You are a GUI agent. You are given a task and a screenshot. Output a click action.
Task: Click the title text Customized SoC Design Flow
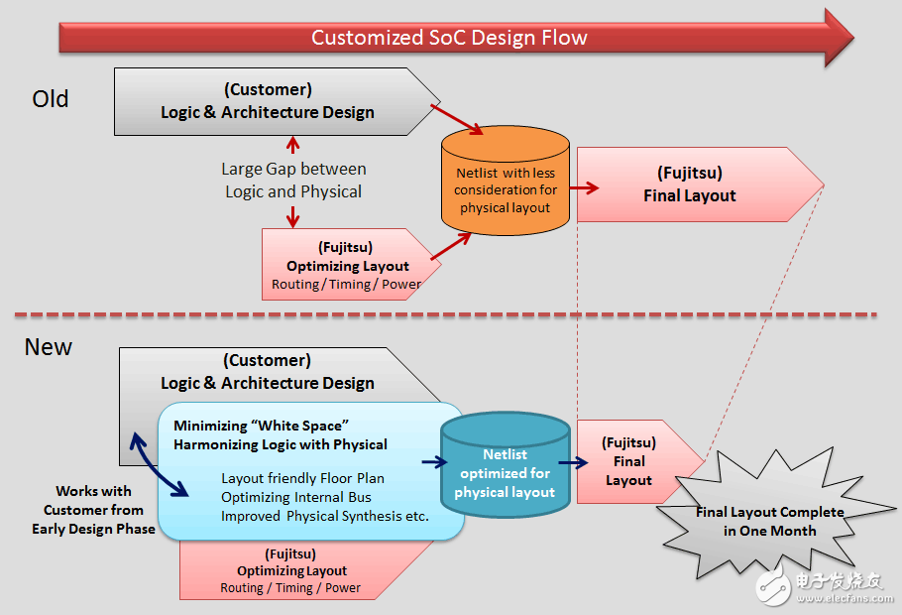pos(449,38)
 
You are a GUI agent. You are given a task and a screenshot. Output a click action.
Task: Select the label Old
pos(51,99)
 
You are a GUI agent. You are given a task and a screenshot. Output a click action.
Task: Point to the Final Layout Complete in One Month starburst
pos(769,520)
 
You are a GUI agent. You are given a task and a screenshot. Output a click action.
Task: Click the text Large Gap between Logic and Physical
pos(293,181)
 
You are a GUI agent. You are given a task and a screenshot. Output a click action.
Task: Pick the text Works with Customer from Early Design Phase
pos(93,510)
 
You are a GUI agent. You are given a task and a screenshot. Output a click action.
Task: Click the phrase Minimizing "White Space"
pos(263,425)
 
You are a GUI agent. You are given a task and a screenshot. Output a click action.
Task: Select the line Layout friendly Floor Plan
pos(302,478)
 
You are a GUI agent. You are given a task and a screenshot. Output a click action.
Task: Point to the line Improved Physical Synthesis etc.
pos(324,516)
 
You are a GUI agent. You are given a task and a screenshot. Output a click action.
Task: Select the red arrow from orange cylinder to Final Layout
pos(584,186)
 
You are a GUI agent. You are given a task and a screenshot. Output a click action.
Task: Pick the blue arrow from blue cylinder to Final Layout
pos(575,461)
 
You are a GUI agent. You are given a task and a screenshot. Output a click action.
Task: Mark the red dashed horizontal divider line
pos(446,315)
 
